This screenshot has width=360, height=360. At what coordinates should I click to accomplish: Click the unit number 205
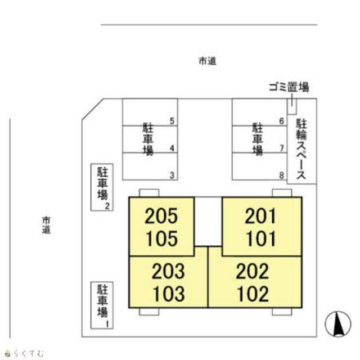tap(161, 216)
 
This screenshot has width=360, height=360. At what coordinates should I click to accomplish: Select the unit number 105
tap(161, 238)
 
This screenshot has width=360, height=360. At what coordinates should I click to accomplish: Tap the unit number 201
tap(260, 216)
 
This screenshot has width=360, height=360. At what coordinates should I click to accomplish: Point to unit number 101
tap(261, 238)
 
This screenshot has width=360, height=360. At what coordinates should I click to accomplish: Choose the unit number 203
tap(168, 271)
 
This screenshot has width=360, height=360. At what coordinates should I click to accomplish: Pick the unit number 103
tap(169, 294)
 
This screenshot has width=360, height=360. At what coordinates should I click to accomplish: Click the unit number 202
tap(252, 271)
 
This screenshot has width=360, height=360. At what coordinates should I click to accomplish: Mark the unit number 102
tap(253, 294)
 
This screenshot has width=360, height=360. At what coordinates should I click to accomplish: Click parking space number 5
tap(172, 121)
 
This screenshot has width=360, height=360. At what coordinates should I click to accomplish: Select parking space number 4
tap(172, 148)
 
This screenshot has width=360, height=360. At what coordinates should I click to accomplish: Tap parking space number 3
tap(172, 175)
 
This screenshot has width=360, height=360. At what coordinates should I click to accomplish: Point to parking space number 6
tap(282, 121)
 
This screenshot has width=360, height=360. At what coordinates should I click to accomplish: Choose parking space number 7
tap(282, 148)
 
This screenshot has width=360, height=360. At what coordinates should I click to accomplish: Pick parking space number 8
tap(282, 175)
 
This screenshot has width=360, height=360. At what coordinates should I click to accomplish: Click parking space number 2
tap(107, 206)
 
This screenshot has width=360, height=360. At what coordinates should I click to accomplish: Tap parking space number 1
tap(107, 324)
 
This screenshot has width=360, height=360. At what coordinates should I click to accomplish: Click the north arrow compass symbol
tap(338, 324)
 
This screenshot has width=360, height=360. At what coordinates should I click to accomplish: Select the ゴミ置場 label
tap(289, 87)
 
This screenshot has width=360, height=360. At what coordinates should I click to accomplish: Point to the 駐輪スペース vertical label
tap(301, 148)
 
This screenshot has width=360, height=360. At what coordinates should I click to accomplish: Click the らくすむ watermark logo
tap(24, 353)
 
